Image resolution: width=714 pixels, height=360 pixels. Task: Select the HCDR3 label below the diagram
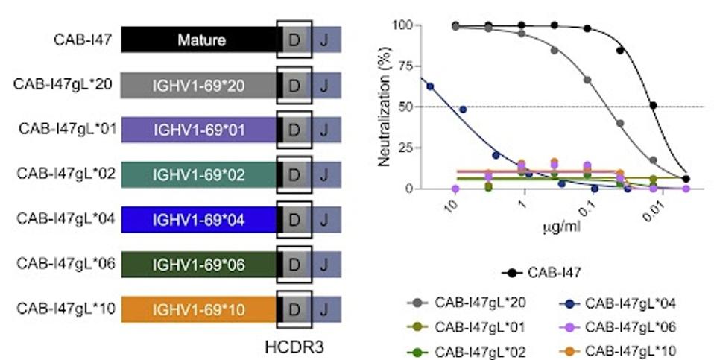[x=294, y=347]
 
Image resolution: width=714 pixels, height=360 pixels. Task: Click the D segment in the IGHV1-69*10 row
[x=294, y=308]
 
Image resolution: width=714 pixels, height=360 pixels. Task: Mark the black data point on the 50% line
[x=654, y=105]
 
